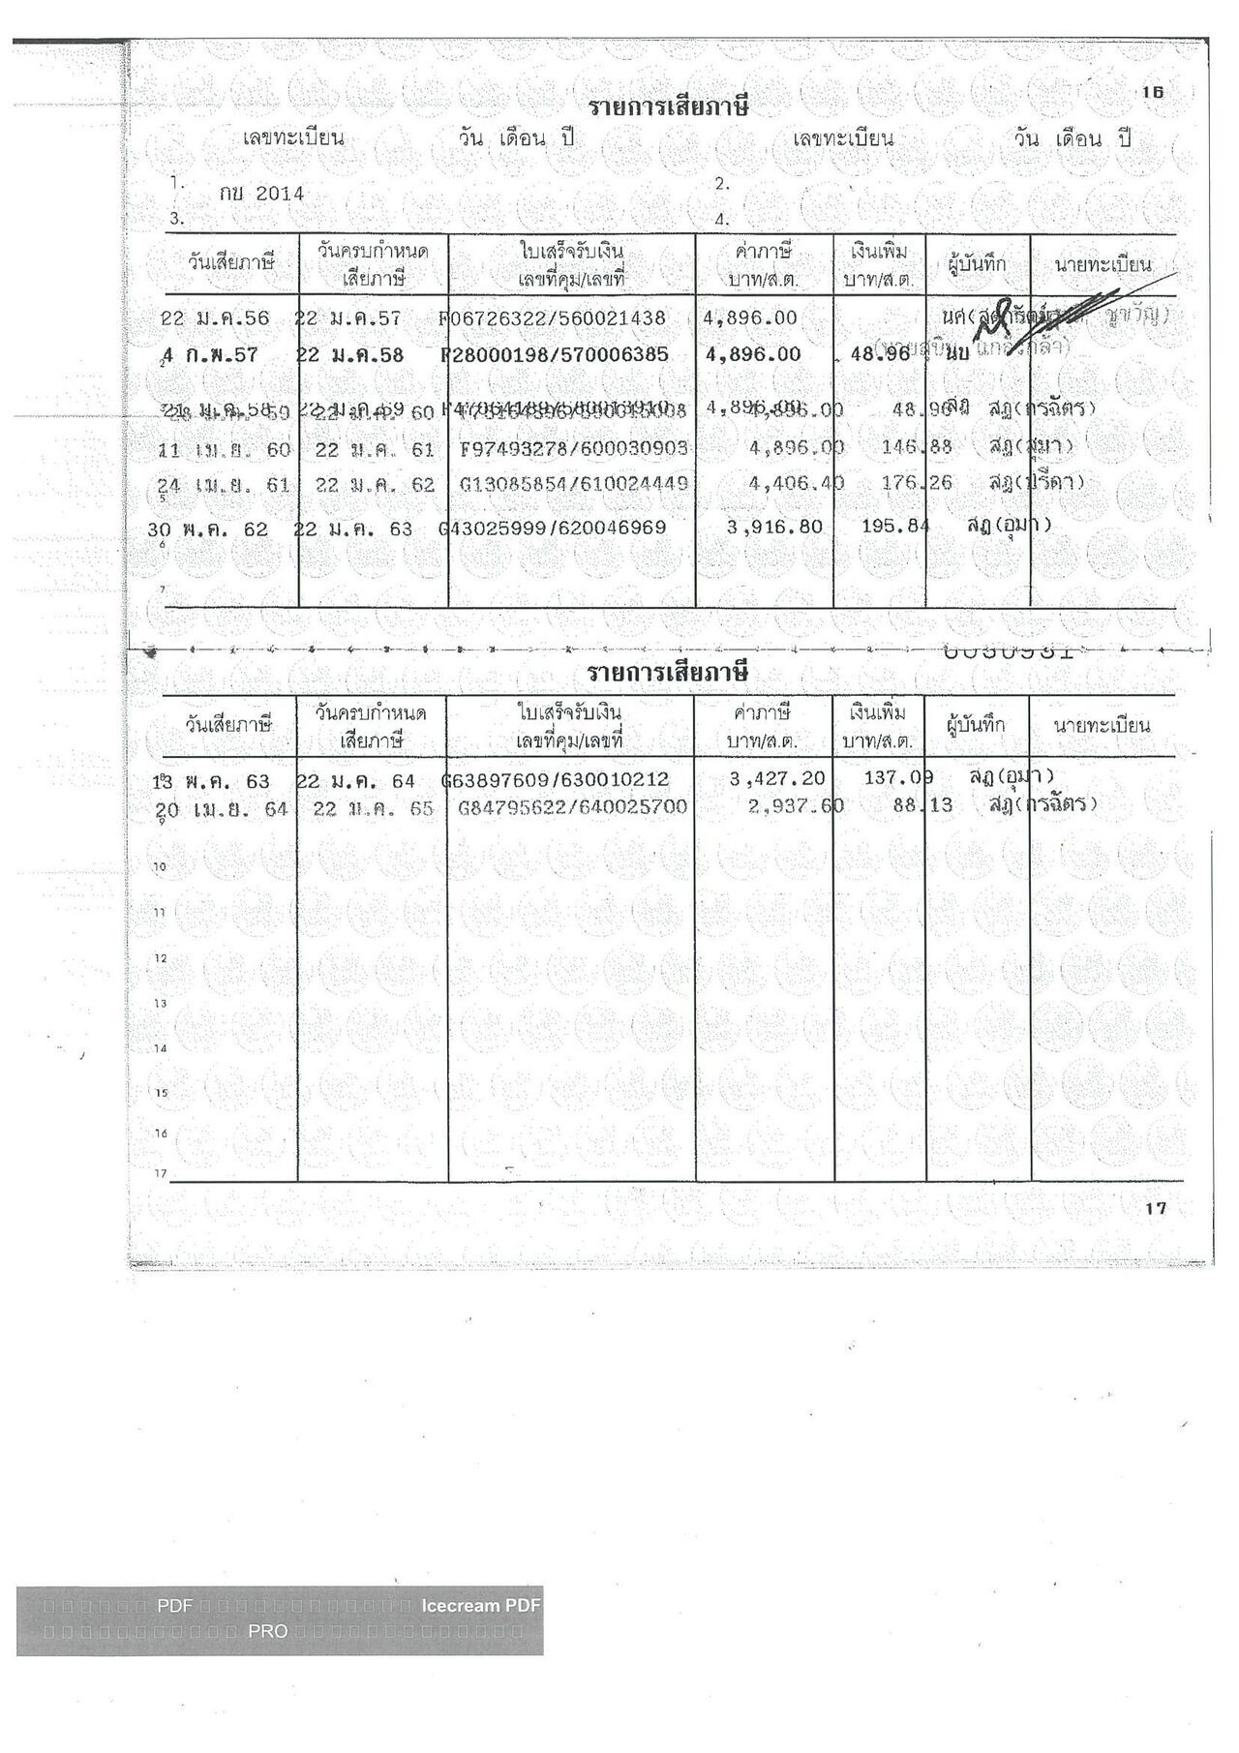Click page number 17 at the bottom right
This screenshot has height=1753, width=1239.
(x=1156, y=1208)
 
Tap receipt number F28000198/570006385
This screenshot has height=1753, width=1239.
(x=555, y=354)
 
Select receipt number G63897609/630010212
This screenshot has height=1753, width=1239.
(x=556, y=780)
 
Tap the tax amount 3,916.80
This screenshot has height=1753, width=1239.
(x=774, y=528)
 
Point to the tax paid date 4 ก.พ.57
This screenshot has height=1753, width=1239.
(x=211, y=355)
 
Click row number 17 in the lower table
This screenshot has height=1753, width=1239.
(x=160, y=1174)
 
